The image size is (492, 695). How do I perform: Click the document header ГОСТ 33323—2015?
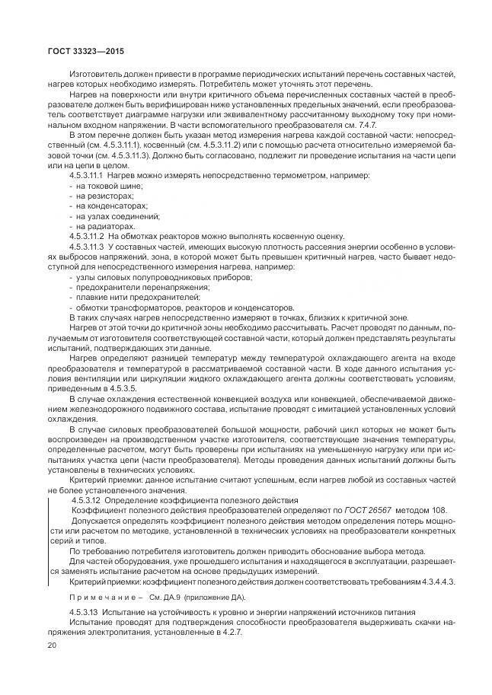pos(71,52)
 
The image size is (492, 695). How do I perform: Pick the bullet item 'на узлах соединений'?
pos(112,215)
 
